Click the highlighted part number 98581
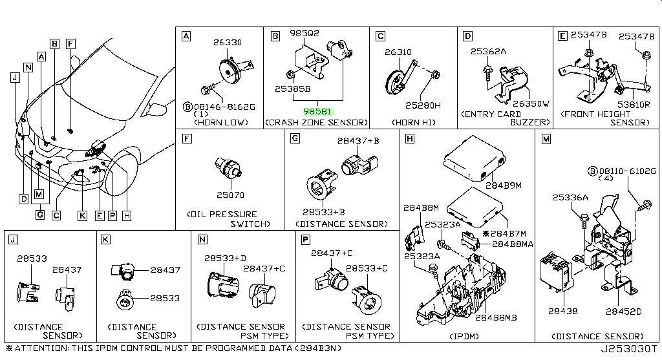(x=317, y=112)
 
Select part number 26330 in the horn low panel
(x=227, y=42)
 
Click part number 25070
(x=230, y=195)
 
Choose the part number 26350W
(x=531, y=103)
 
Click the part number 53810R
(x=634, y=104)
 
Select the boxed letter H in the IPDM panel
(x=409, y=138)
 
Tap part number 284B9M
(x=503, y=185)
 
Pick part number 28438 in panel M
(x=562, y=311)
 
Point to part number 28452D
(x=623, y=312)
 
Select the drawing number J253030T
(x=629, y=350)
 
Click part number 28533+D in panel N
(x=225, y=258)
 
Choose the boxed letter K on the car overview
(x=82, y=216)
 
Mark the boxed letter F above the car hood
(x=70, y=44)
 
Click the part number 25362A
(x=487, y=51)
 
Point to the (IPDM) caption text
(x=464, y=336)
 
